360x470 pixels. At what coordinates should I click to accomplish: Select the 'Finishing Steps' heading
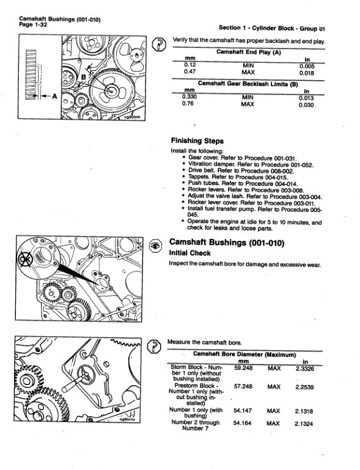[x=197, y=141]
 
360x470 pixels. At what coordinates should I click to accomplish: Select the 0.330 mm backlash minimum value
[x=193, y=96]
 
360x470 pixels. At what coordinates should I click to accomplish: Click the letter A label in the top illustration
[x=55, y=96]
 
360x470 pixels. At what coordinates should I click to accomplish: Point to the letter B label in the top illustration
[x=84, y=76]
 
